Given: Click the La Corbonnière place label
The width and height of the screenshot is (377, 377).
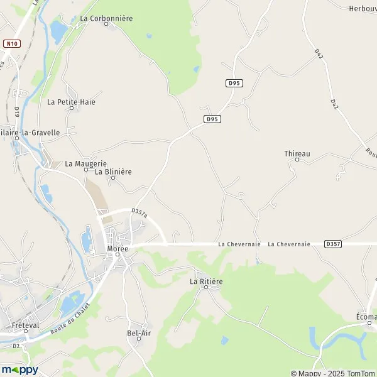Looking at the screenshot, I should point(106,19).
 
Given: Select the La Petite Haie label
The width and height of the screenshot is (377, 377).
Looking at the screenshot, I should point(71,101).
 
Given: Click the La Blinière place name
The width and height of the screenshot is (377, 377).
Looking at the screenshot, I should point(113,171).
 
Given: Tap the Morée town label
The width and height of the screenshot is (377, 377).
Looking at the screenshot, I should point(117,249).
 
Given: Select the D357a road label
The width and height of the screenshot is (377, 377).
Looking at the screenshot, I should point(139,214).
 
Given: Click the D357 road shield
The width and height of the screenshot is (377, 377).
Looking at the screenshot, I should point(333,243).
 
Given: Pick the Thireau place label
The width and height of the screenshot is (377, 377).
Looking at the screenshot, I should point(297,153).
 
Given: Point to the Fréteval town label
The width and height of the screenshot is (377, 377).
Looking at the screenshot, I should point(26,325).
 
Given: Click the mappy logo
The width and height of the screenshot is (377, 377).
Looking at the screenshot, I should point(20,369).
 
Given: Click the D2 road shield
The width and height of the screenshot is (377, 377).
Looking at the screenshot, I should point(16,346).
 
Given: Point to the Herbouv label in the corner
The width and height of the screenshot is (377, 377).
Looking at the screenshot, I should point(362,8).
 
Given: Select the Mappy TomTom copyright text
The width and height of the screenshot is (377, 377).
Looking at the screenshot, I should point(333,373).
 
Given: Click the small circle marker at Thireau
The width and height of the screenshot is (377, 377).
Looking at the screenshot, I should point(297,160).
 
